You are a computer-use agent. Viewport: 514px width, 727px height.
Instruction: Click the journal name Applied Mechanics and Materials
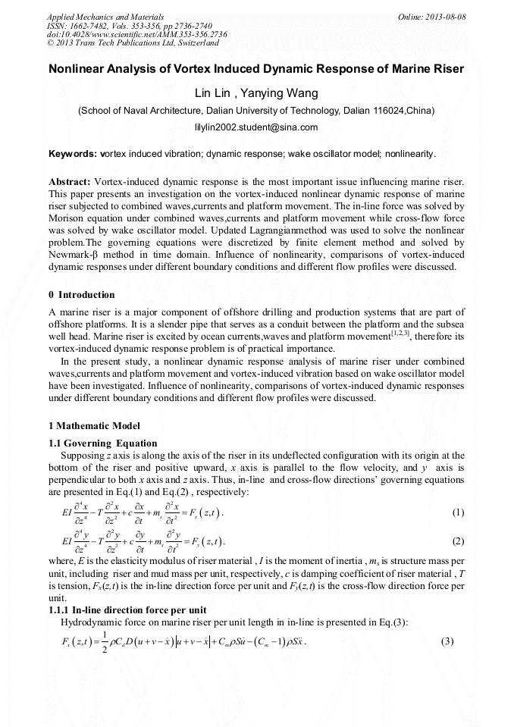click(98, 16)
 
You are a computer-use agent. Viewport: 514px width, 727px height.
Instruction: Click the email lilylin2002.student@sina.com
click(256, 127)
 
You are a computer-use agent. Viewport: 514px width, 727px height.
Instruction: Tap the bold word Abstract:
click(70, 183)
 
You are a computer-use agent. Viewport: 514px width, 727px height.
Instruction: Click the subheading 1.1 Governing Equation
click(103, 443)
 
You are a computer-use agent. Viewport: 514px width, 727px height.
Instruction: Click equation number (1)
click(458, 513)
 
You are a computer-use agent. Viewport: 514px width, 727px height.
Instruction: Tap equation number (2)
click(458, 542)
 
